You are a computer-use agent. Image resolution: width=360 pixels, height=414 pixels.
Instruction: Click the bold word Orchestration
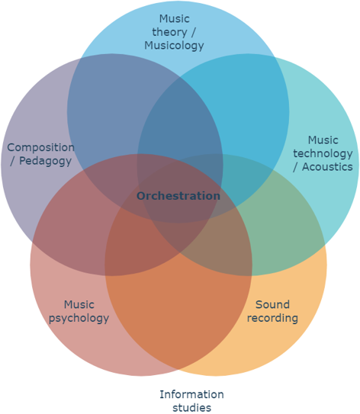pyautogui.click(x=178, y=196)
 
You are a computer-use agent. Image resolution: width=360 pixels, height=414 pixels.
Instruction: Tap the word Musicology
pyautogui.click(x=174, y=46)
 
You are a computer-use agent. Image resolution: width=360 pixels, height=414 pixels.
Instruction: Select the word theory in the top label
pyautogui.click(x=169, y=32)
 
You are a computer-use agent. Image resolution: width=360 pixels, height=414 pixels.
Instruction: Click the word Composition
pyautogui.click(x=40, y=148)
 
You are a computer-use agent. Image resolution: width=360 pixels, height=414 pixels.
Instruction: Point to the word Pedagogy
pyautogui.click(x=46, y=162)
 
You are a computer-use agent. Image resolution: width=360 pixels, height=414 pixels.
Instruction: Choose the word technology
pyautogui.click(x=323, y=154)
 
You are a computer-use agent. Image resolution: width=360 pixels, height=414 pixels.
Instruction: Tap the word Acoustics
pyautogui.click(x=327, y=167)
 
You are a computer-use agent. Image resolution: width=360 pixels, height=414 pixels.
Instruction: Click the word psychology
pyautogui.click(x=79, y=318)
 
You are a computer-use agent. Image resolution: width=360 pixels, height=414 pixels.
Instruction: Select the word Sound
pyautogui.click(x=272, y=305)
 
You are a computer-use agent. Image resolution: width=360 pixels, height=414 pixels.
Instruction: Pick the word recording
pyautogui.click(x=272, y=318)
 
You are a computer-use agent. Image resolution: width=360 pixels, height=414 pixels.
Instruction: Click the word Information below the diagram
pyautogui.click(x=191, y=394)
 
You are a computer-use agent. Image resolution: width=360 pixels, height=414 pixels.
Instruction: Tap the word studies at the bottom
pyautogui.click(x=192, y=407)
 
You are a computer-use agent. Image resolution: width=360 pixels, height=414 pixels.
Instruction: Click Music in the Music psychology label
pyautogui.click(x=79, y=305)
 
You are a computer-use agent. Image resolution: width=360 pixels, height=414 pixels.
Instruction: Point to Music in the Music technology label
pyautogui.click(x=323, y=140)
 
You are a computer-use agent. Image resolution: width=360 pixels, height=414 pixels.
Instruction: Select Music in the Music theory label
pyautogui.click(x=175, y=19)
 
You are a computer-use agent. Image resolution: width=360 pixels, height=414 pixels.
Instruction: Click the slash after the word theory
pyautogui.click(x=193, y=32)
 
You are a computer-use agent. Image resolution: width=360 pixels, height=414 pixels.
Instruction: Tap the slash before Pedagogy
pyautogui.click(x=12, y=162)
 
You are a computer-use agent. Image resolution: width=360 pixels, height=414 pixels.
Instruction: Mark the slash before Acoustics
pyautogui.click(x=296, y=167)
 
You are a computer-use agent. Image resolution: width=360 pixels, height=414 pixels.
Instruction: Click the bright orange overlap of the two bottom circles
pyautogui.click(x=178, y=303)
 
